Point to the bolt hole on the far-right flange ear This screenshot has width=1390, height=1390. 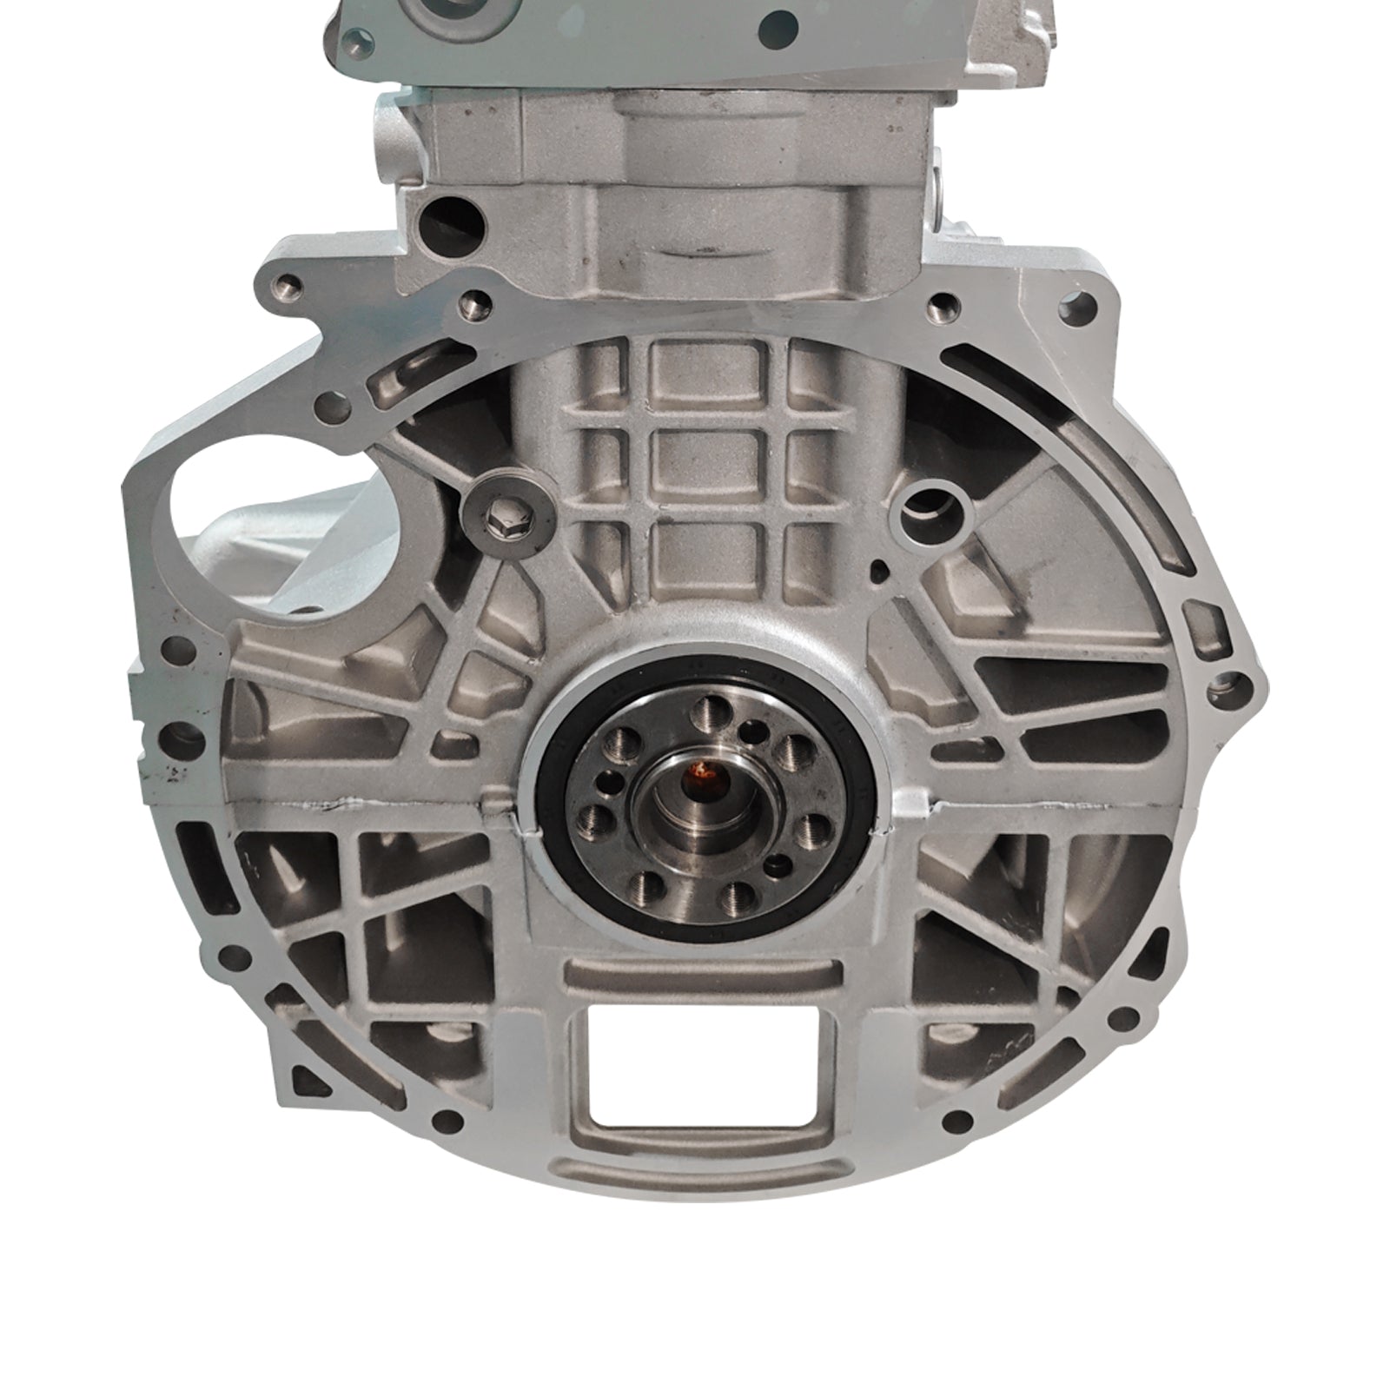click(x=1228, y=679)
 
